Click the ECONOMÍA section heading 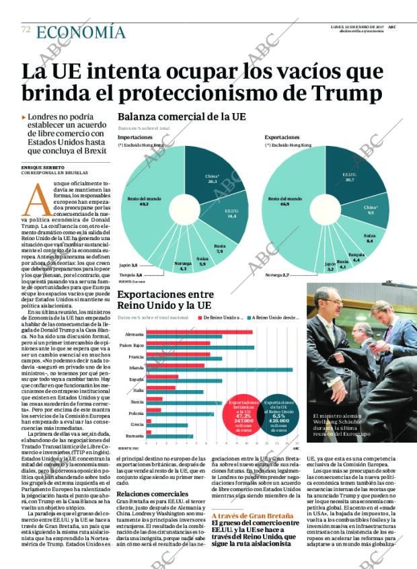click(81, 32)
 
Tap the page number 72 click(26, 30)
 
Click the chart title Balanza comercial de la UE click(182, 116)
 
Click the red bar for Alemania click(199, 332)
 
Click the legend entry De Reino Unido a click(222, 317)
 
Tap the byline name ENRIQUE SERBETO click(43, 167)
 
